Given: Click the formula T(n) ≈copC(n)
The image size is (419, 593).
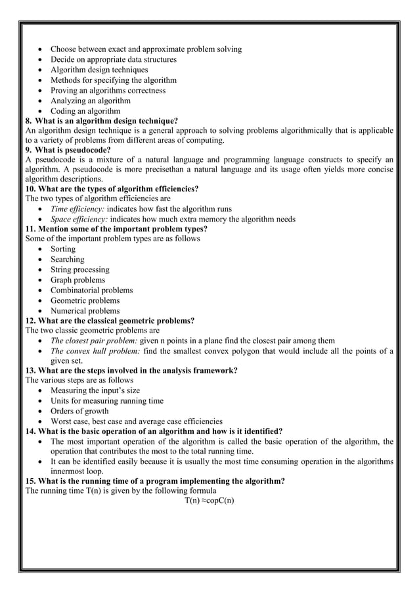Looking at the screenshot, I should coord(209,500).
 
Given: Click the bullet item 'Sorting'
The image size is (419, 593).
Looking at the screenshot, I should coord(63,249).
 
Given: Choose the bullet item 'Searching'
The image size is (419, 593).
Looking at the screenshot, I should coord(68,260).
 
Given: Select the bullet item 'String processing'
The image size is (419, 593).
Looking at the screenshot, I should coord(80,270).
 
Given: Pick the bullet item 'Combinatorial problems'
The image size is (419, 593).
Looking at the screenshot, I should coord(92,290).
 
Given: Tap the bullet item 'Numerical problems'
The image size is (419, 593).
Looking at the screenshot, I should coord(85,311).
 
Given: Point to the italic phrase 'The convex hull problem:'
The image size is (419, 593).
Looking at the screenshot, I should coord(95,351).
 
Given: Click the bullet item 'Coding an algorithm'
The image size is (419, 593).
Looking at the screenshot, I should coord(85,111).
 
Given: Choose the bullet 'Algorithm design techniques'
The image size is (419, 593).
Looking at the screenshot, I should coord(99,70).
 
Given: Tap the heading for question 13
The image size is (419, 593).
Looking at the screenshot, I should coord(131,370).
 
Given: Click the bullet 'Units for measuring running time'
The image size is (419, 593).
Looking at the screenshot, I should coord(107,401).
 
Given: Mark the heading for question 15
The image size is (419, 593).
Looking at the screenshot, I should coord(154,481).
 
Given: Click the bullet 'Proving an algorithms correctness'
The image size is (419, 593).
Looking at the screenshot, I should coord(108,91).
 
